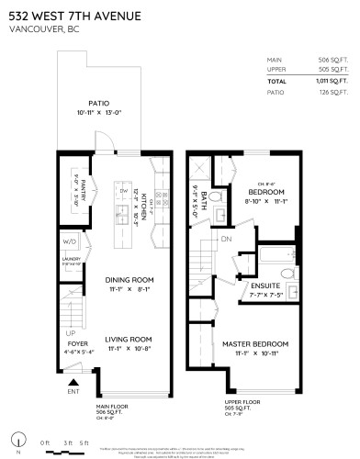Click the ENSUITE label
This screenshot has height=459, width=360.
click(264, 285)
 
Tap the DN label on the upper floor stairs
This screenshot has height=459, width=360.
click(225, 240)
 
